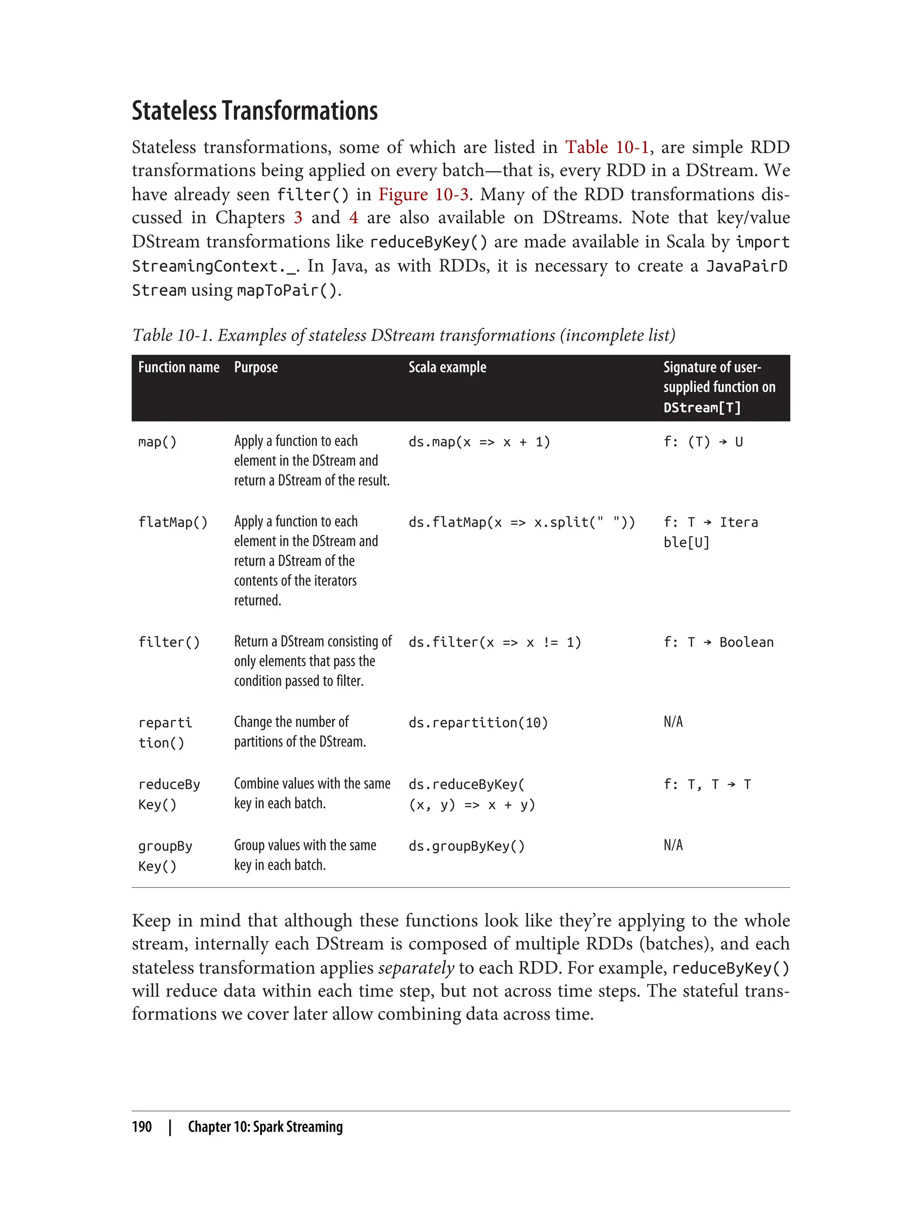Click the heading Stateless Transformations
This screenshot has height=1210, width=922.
click(255, 111)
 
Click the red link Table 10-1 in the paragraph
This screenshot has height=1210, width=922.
click(607, 147)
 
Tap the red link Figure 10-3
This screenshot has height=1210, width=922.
click(423, 194)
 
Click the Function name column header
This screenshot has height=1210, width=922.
click(178, 367)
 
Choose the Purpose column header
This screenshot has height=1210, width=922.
click(256, 367)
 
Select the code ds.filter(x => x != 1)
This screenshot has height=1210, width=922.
click(494, 642)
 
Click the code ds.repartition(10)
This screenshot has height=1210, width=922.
click(478, 722)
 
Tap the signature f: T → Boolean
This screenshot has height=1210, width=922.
click(718, 642)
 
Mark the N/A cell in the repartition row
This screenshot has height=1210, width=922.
click(673, 722)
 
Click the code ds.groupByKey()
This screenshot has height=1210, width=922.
click(466, 846)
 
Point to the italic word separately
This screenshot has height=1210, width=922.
click(416, 967)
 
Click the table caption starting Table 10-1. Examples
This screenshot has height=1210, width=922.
click(403, 335)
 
